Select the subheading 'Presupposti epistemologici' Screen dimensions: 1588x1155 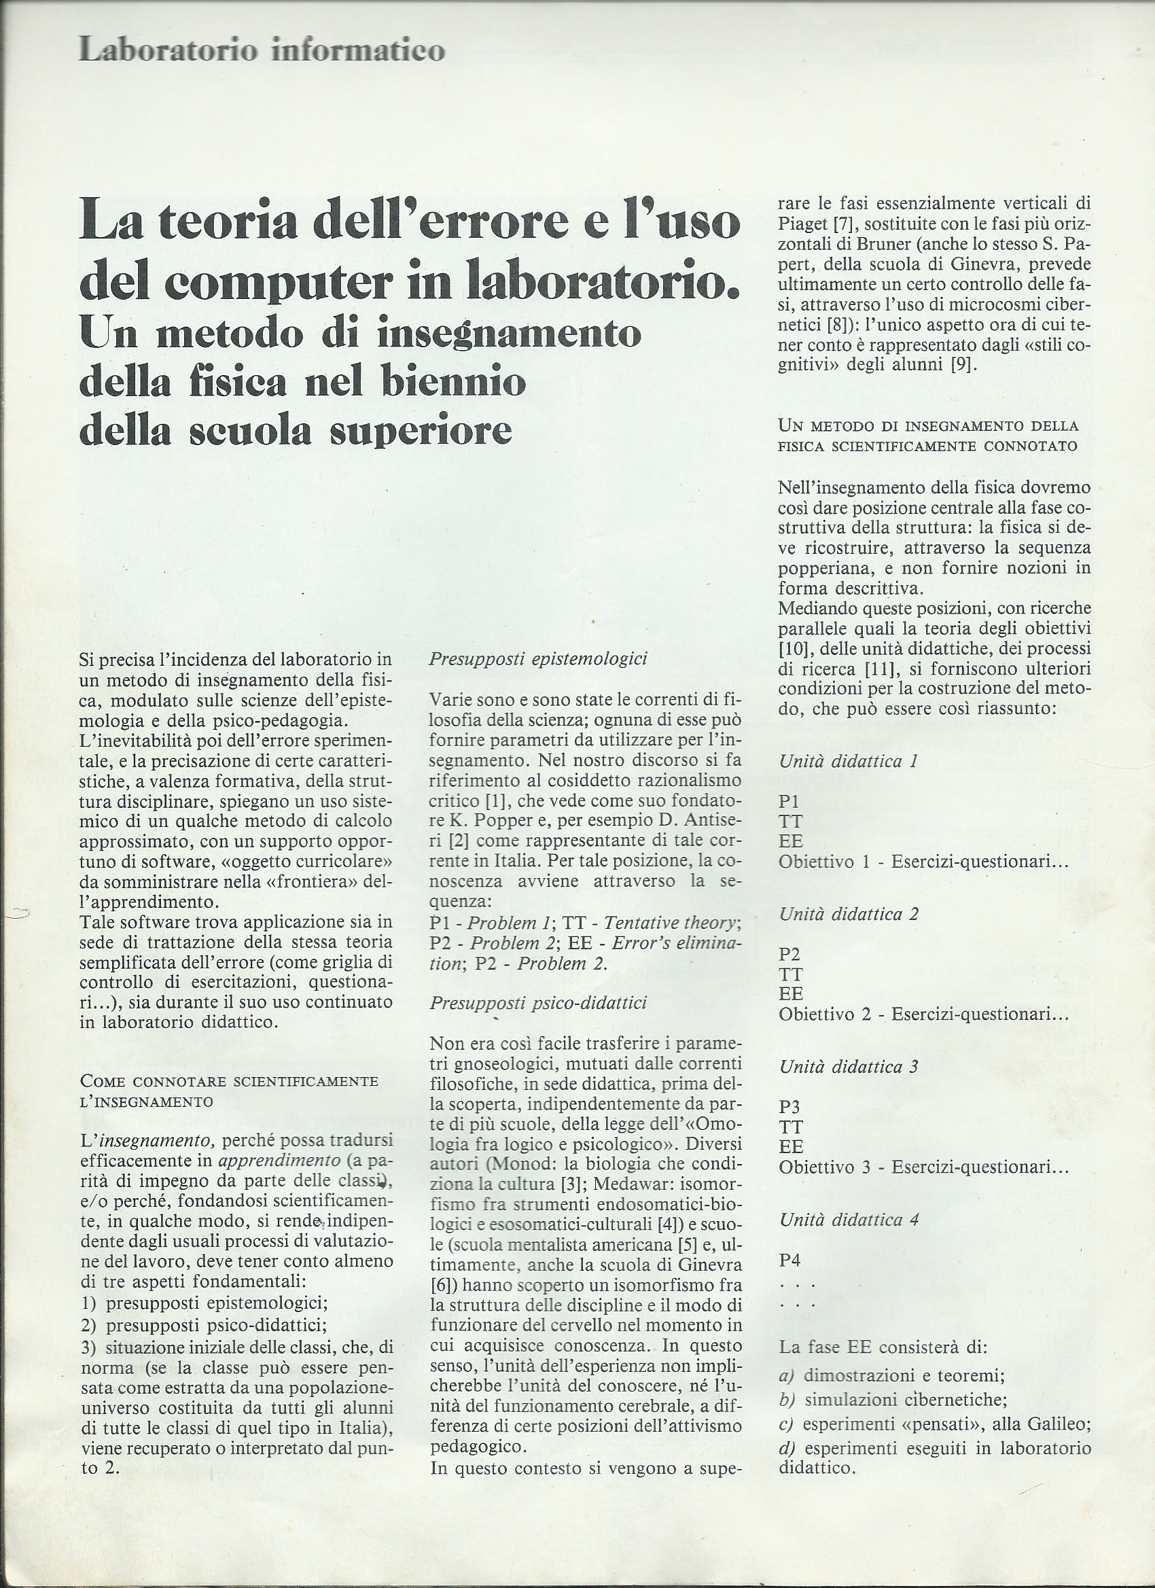point(537,659)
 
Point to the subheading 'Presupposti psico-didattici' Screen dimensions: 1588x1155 point(537,1004)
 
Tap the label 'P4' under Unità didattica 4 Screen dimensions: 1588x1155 point(789,1260)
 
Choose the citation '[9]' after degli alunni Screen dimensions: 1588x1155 point(963,366)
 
